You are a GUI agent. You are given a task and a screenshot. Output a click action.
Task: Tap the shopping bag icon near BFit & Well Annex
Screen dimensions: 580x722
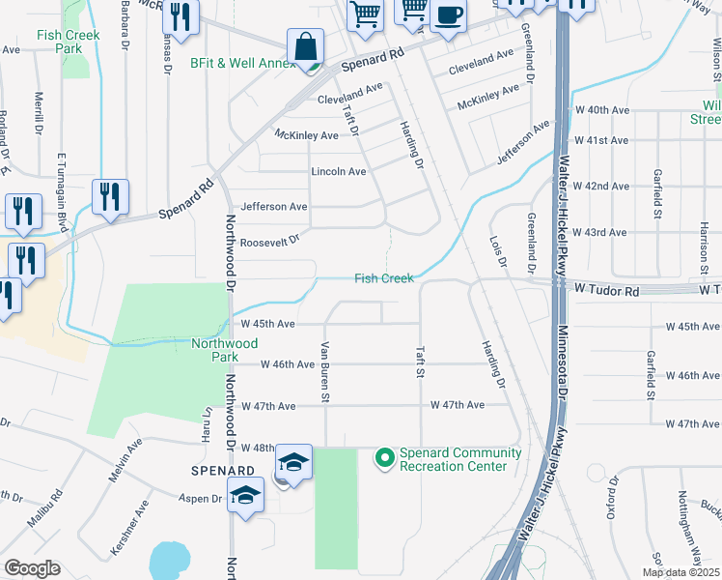pos(305,46)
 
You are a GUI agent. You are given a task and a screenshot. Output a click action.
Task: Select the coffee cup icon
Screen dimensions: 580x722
pos(448,15)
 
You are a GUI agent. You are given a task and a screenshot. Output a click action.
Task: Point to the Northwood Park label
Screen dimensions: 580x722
pos(224,350)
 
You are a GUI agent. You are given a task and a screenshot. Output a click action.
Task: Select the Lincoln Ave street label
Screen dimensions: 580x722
pos(338,172)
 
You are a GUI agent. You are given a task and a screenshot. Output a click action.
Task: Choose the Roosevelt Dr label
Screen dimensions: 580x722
pos(269,243)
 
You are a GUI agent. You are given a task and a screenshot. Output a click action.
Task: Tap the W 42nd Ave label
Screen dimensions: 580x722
pos(600,186)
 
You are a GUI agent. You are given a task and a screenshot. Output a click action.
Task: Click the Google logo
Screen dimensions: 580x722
pos(32,568)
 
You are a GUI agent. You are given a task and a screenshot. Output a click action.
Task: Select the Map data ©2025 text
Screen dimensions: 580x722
pos(680,572)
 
